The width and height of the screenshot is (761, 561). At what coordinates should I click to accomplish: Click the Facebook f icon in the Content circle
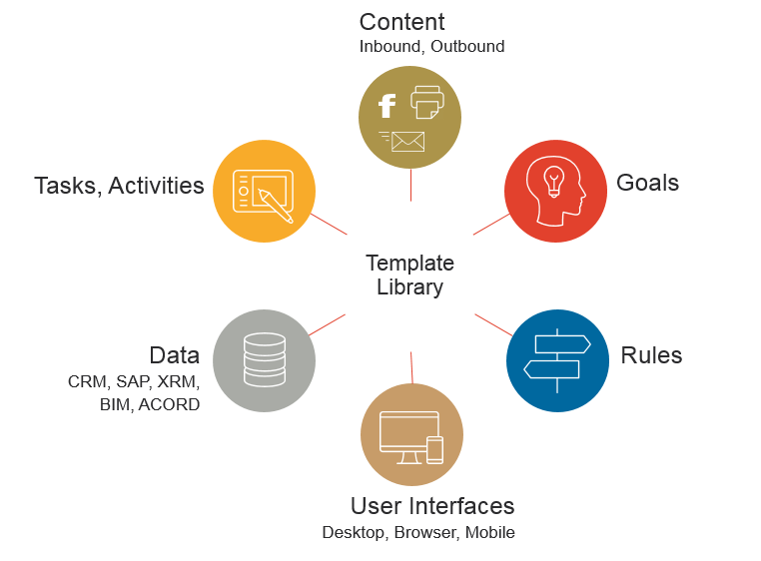click(386, 106)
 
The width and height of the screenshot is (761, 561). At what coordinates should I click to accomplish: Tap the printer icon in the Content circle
click(427, 102)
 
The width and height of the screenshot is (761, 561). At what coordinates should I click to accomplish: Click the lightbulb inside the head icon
click(553, 181)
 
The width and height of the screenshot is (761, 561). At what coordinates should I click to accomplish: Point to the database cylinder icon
click(265, 359)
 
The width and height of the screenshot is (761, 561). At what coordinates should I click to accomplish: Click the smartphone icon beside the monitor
click(434, 450)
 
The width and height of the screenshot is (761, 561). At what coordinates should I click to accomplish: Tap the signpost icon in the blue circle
click(557, 360)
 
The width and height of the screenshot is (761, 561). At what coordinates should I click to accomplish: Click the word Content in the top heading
click(401, 22)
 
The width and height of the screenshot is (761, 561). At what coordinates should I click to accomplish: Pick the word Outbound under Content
click(467, 47)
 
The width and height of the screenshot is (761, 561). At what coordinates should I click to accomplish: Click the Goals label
click(647, 183)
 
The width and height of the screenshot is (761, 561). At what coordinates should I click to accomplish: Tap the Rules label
click(651, 355)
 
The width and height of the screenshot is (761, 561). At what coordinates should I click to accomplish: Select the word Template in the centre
click(410, 264)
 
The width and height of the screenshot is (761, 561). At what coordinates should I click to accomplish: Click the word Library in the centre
click(410, 287)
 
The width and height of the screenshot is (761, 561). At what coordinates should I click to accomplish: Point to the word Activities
click(156, 186)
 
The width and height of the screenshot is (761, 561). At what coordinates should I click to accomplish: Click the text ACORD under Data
click(169, 404)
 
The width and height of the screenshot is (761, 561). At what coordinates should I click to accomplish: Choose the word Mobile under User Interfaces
click(489, 532)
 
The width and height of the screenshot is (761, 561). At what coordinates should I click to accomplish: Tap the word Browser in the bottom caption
click(425, 533)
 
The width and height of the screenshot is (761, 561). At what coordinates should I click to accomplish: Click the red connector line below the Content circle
click(410, 185)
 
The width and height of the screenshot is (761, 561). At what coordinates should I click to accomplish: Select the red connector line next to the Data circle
click(328, 324)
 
